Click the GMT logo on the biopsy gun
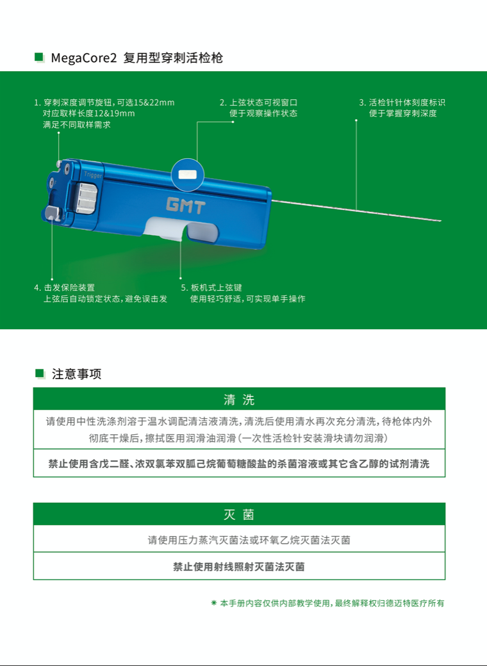click(186, 206)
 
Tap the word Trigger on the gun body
click(92, 175)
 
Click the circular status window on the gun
click(187, 175)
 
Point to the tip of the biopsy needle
click(441, 221)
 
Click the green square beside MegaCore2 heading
click(39, 57)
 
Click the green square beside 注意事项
click(40, 373)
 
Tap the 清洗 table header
click(239, 399)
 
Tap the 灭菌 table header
click(239, 515)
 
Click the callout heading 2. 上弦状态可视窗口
click(258, 103)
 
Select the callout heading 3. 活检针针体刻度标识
click(402, 103)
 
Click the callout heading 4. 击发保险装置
click(65, 288)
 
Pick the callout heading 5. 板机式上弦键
click(211, 288)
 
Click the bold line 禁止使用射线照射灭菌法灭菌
click(239, 567)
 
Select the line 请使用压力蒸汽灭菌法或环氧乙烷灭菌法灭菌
click(249, 540)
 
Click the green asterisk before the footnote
click(214, 603)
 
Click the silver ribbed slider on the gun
click(88, 197)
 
